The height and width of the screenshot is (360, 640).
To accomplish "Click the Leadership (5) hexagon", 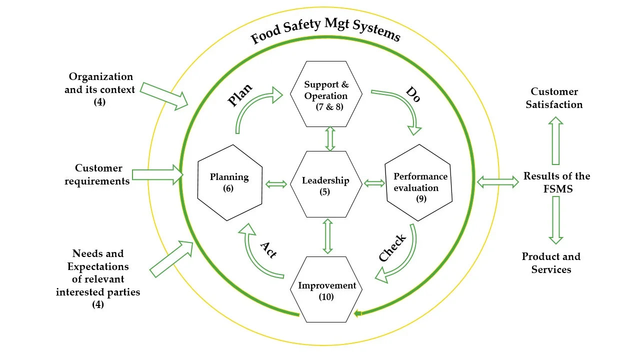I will (x=326, y=183).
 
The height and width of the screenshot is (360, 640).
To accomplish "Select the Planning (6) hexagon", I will (x=230, y=182).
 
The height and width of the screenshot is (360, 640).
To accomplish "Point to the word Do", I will (x=412, y=93).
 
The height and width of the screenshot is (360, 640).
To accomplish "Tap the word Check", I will (x=393, y=247).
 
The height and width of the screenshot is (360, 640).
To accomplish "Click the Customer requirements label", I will (x=97, y=174).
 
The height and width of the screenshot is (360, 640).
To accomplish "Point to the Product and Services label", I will (x=551, y=263).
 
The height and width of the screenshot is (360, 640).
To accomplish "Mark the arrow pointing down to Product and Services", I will (x=555, y=220).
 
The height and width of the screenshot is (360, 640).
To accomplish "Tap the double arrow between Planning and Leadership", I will (x=276, y=184).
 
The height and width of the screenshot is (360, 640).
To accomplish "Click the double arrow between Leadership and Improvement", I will (x=328, y=236).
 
